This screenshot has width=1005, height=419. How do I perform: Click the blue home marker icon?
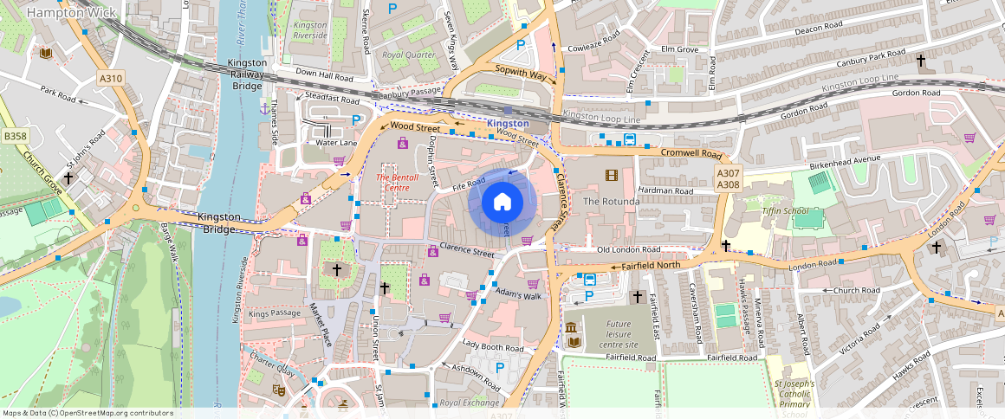[x=502, y=203]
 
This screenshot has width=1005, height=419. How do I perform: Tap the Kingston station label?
[x=508, y=124]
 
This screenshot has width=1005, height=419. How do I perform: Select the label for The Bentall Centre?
[x=392, y=183]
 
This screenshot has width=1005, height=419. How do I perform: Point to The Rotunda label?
[x=611, y=201]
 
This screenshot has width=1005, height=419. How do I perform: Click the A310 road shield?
[x=111, y=79]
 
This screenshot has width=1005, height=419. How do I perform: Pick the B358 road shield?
[x=15, y=136]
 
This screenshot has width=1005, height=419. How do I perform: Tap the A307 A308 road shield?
[x=728, y=179]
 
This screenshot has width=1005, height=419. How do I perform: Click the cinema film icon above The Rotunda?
[x=613, y=176]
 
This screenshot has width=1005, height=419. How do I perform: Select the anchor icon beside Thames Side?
[x=264, y=108]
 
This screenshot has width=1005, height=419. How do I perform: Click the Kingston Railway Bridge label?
[x=247, y=74]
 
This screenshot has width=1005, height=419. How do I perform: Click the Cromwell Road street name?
[x=691, y=153]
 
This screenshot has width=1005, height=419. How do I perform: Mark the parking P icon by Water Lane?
[x=356, y=120]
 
